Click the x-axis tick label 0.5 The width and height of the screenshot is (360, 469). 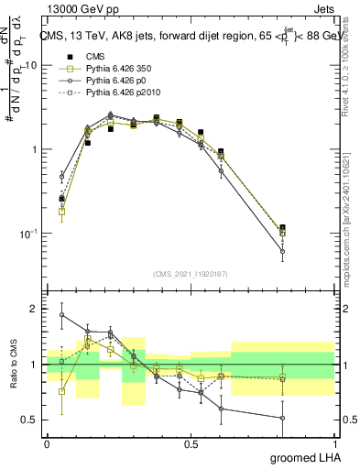click(191, 442)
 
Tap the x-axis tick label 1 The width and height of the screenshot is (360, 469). click(333, 442)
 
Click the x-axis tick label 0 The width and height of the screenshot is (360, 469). click(48, 442)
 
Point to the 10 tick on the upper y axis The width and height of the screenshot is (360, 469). click(31, 65)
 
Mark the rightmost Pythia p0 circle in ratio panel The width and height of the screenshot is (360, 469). click(282, 418)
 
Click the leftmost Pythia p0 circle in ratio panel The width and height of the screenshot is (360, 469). click(62, 315)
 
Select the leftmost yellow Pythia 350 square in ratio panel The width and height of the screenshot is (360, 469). click(62, 391)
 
